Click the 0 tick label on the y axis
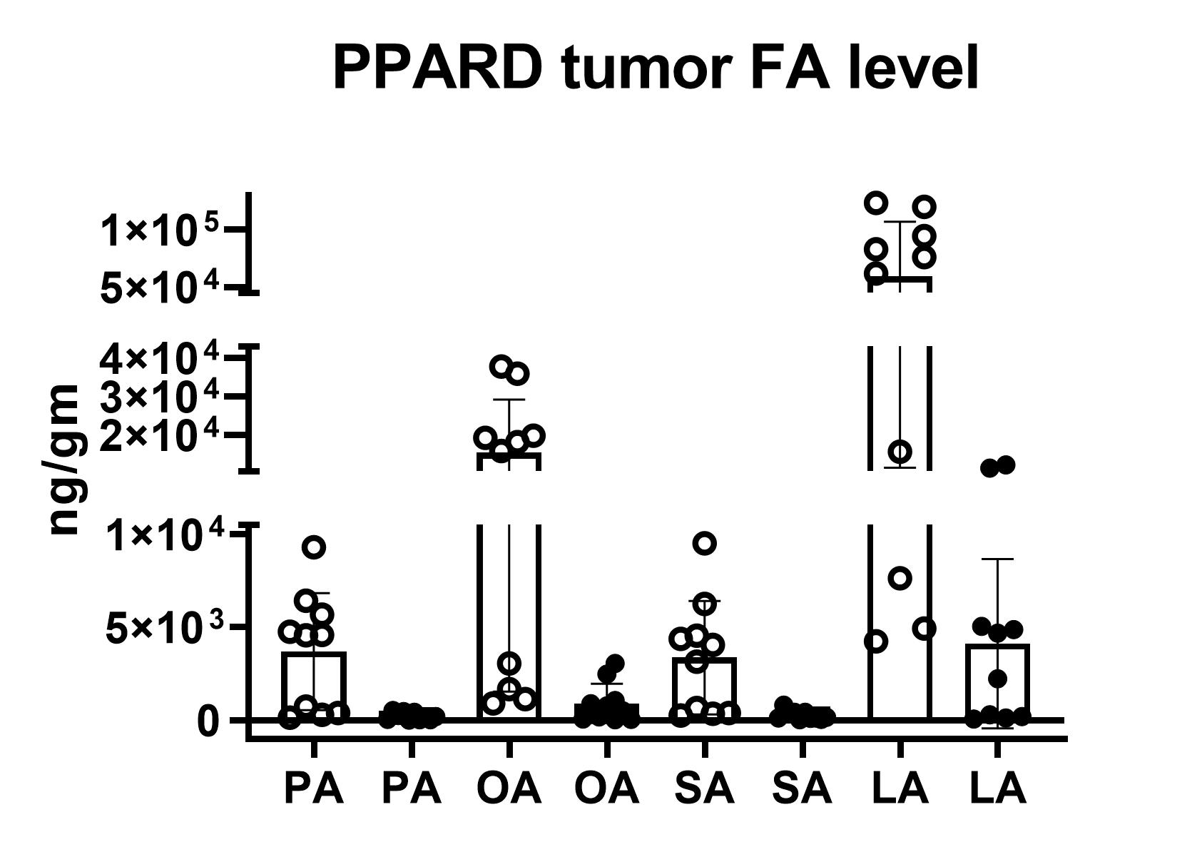(208, 721)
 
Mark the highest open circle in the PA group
(314, 547)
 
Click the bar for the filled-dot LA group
(997, 681)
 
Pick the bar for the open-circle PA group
(314, 685)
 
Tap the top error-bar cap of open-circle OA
(509, 400)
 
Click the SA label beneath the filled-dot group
(802, 789)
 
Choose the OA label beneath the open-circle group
(509, 789)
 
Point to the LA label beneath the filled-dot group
(997, 789)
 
